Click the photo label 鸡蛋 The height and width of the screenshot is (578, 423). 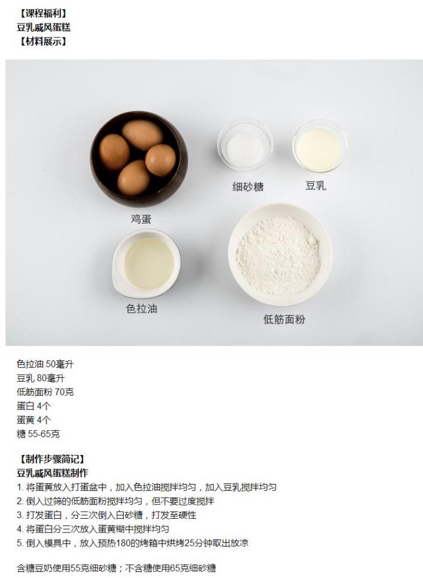(x=142, y=219)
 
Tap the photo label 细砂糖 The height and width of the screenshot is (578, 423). (x=248, y=187)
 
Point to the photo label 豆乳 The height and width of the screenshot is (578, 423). (x=316, y=186)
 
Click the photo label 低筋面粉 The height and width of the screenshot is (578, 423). (x=285, y=320)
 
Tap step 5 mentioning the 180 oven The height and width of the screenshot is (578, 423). (x=132, y=543)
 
